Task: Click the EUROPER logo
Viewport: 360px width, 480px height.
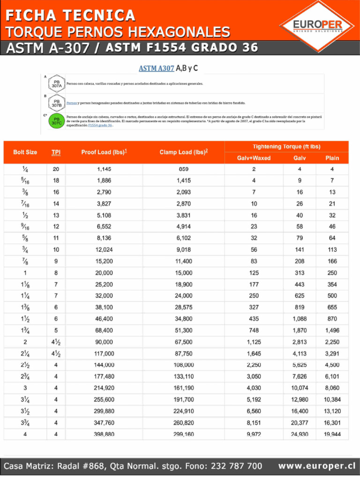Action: (317, 26)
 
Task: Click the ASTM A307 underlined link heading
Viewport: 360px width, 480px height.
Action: (156, 68)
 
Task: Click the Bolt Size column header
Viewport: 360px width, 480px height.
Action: (25, 152)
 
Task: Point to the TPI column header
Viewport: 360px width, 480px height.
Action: (56, 152)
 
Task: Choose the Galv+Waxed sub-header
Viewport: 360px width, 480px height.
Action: (254, 158)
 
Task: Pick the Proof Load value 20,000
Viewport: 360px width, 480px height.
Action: (104, 273)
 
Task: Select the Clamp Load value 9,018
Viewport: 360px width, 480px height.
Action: (184, 250)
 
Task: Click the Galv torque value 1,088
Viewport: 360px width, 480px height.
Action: (300, 319)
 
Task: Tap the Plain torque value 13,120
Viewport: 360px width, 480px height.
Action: (332, 411)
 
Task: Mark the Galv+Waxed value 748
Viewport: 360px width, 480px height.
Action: (254, 330)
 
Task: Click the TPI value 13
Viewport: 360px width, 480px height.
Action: (56, 215)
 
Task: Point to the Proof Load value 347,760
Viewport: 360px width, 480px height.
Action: (104, 423)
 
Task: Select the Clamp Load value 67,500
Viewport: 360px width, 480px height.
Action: (184, 342)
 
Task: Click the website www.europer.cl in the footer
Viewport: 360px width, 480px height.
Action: (316, 466)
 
